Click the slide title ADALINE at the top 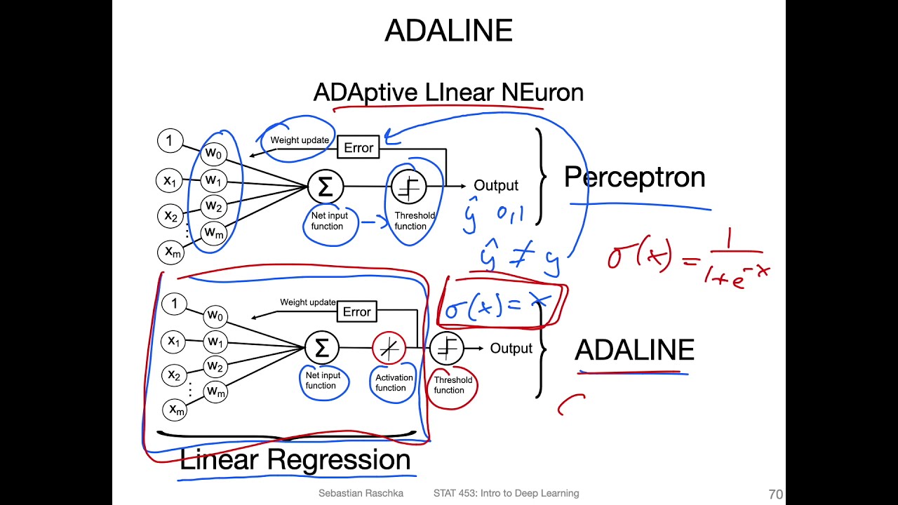(449, 31)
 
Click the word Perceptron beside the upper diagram (634, 177)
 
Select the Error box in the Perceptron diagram (358, 148)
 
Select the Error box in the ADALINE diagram (356, 311)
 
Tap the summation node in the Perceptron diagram (326, 187)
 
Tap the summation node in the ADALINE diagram (322, 348)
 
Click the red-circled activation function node (389, 348)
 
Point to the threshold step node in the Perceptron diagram (409, 187)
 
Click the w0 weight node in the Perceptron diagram (213, 153)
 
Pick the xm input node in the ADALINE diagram (174, 410)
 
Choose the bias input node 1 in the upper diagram (168, 140)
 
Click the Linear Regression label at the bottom (295, 460)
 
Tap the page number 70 (775, 494)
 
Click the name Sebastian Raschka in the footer (361, 494)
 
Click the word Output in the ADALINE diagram (511, 349)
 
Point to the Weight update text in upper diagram (300, 140)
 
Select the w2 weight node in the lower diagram (215, 367)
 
